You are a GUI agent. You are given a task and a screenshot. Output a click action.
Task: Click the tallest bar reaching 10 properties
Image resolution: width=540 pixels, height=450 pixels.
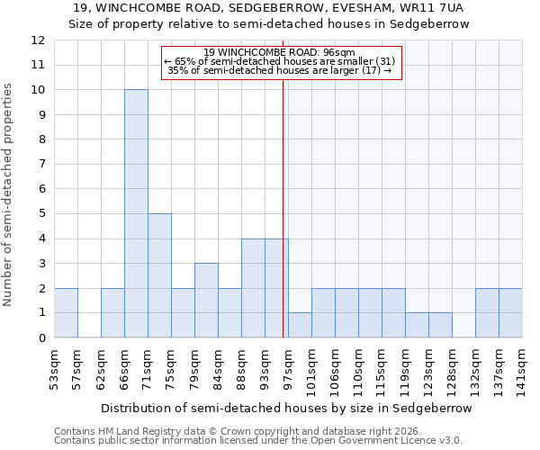coord(136,213)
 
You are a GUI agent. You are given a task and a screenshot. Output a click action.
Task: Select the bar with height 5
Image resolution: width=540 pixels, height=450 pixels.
coord(159,275)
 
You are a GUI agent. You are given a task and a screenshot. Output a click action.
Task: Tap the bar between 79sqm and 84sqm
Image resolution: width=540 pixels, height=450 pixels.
coord(206,300)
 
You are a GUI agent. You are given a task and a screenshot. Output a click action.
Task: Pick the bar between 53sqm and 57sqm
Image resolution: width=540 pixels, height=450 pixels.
coord(66,312)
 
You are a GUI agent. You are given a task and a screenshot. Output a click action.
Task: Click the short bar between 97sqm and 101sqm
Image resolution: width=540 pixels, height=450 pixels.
coord(300,325)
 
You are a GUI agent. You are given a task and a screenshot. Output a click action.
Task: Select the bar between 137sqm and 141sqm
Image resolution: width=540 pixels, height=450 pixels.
coord(510,312)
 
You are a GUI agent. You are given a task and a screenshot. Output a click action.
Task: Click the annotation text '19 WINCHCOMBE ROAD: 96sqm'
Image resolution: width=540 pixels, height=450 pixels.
coord(279,52)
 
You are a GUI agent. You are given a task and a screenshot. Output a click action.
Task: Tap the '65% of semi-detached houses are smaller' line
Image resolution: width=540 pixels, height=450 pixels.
coord(279,61)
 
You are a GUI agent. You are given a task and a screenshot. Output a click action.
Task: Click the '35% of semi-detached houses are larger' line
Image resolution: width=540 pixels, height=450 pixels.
coord(279,70)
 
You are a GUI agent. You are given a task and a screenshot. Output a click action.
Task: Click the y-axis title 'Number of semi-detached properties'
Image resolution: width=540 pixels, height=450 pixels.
coord(9,194)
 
